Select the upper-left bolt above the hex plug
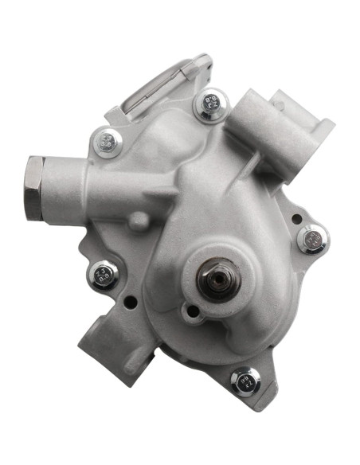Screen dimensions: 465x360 [x=108, y=143]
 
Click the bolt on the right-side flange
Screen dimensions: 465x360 [x=311, y=239]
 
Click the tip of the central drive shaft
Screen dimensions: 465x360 [x=217, y=279]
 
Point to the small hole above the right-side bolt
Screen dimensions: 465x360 [x=296, y=217]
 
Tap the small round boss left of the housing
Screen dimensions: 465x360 [x=137, y=221]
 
